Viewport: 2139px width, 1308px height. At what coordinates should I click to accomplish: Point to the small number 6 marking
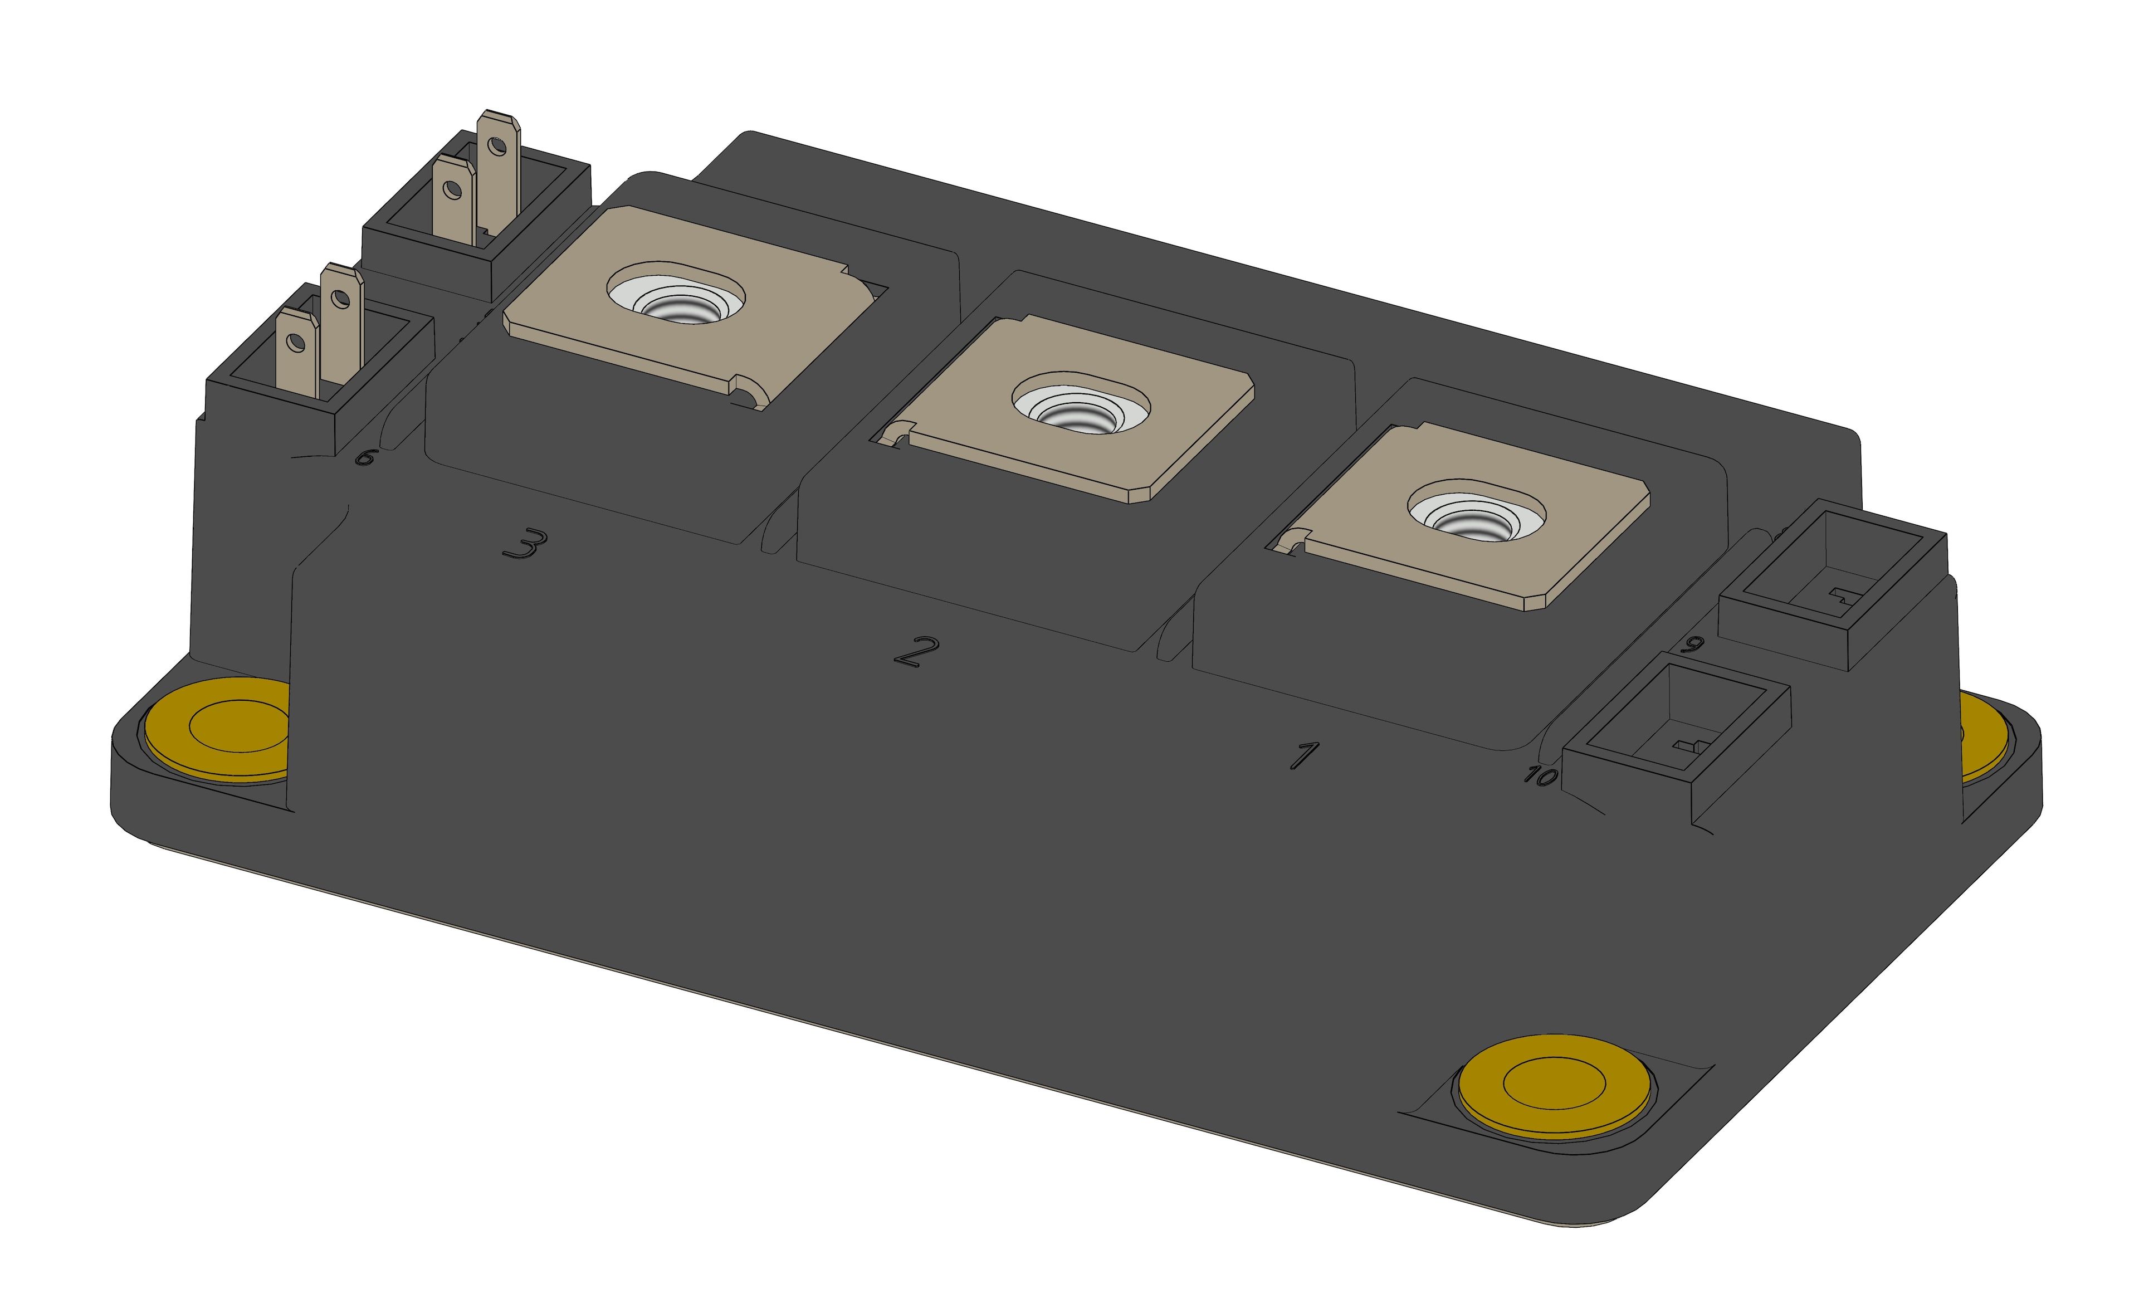[x=365, y=457]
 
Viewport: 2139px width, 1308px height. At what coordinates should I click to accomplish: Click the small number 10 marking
[x=1539, y=775]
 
